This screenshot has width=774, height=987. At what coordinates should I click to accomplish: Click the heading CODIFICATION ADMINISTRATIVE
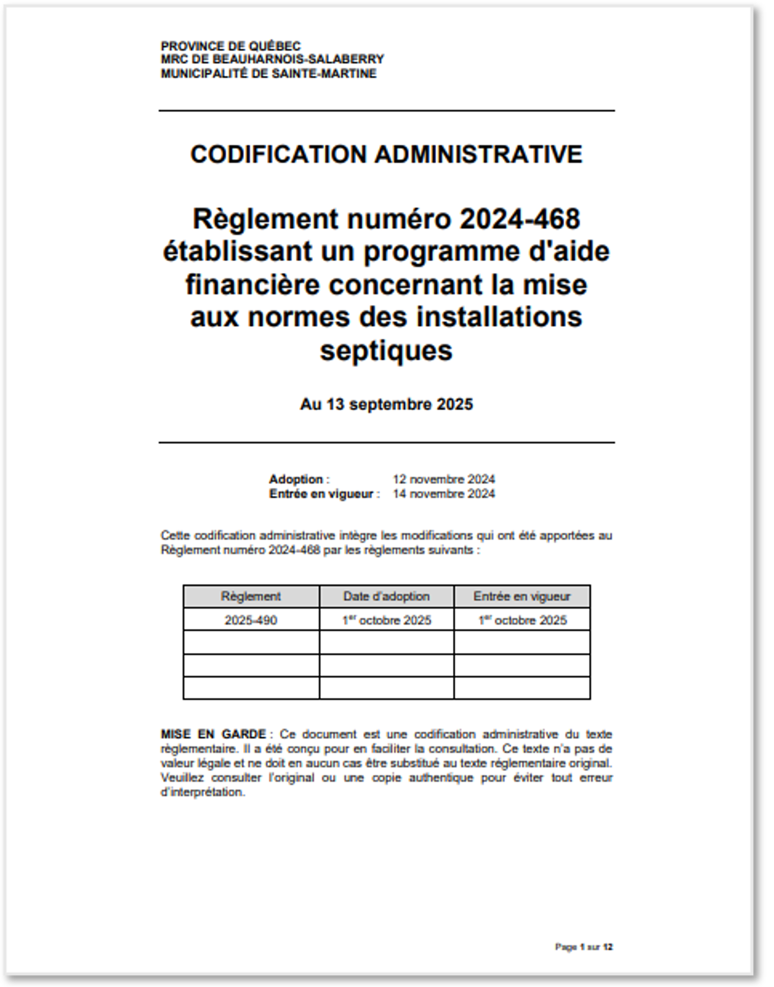click(386, 154)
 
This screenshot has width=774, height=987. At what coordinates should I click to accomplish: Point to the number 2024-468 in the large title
click(519, 219)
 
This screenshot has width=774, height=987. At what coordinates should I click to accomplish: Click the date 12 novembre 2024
click(444, 479)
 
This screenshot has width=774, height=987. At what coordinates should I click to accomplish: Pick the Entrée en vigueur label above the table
click(321, 494)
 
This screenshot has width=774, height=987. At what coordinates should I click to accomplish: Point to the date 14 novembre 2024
click(444, 494)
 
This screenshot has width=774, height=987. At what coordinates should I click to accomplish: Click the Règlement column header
click(251, 596)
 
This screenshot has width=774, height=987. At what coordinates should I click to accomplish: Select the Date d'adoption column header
click(386, 596)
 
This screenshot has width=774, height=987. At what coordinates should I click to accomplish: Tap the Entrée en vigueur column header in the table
click(522, 596)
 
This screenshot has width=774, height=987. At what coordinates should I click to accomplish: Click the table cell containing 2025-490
click(251, 620)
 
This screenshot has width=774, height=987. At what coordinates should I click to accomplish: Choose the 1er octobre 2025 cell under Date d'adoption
click(387, 620)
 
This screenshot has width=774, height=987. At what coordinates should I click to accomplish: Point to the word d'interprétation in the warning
click(202, 792)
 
